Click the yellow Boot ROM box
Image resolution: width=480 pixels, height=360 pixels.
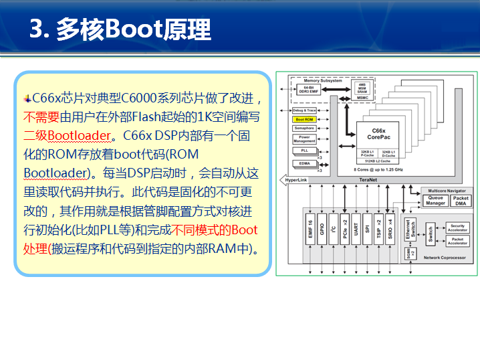click(x=304, y=119)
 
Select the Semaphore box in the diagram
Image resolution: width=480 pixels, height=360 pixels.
click(x=304, y=128)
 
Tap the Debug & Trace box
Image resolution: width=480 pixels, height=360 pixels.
click(x=304, y=110)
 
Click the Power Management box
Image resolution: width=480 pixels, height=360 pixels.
click(x=304, y=139)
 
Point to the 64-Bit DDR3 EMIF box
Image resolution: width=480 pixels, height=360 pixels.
click(x=309, y=90)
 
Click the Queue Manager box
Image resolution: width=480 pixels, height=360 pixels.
click(x=435, y=200)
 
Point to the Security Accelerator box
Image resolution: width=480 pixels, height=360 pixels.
click(x=457, y=228)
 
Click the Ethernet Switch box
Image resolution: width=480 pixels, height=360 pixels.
click(x=410, y=229)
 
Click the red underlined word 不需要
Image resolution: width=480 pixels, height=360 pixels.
click(x=41, y=117)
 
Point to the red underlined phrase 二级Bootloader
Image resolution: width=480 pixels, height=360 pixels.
click(x=67, y=136)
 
